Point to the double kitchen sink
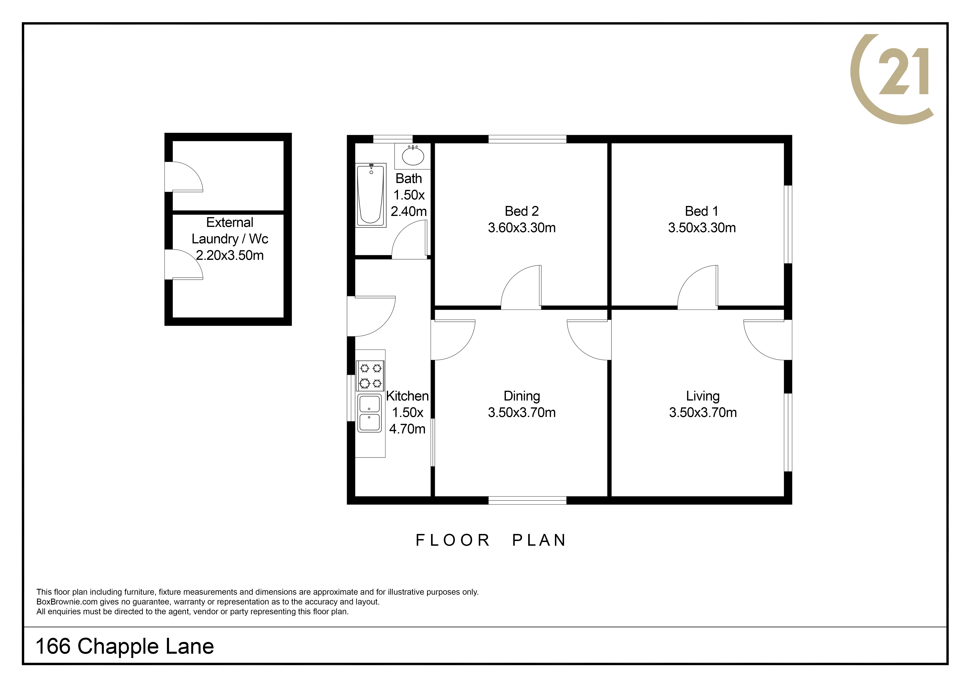(370, 413)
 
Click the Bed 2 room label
(522, 211)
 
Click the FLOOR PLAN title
(491, 540)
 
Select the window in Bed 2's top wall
(527, 139)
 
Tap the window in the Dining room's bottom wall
(527, 500)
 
